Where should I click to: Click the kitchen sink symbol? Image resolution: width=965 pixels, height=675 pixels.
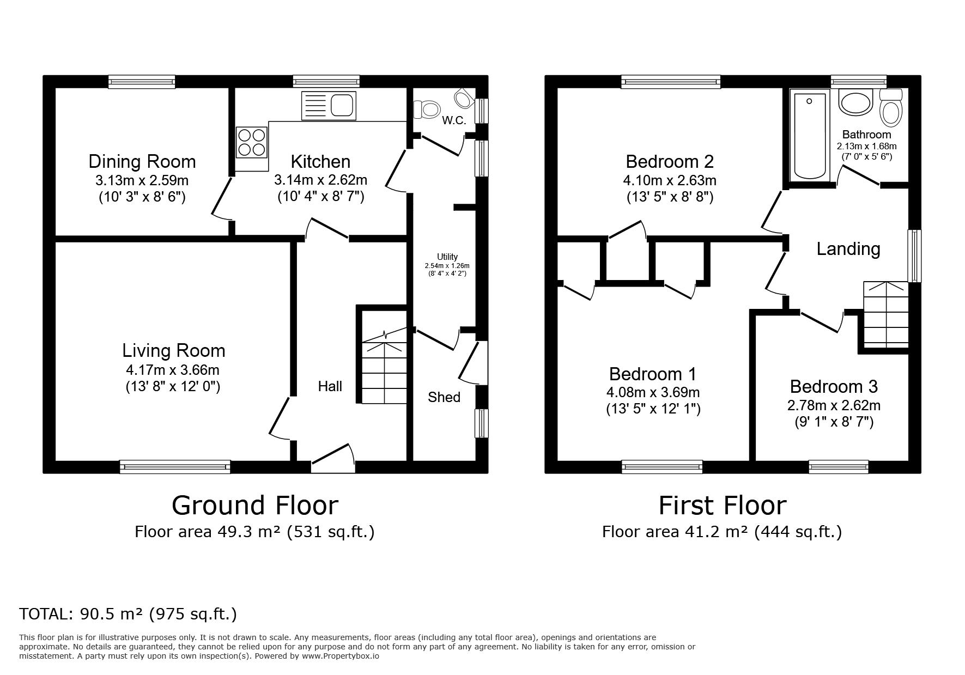[x=329, y=106]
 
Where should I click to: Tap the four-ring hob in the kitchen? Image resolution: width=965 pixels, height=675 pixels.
[x=252, y=142]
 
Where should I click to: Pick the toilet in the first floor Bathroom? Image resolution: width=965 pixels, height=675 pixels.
[x=891, y=108]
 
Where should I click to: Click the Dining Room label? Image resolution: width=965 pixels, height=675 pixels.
[x=142, y=161]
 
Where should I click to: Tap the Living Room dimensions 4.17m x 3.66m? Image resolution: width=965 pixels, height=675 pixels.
[x=173, y=370]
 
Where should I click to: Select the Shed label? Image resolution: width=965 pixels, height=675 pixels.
[x=444, y=397]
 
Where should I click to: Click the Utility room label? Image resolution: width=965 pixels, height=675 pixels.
[x=447, y=257]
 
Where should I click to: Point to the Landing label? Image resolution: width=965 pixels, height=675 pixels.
[x=848, y=249]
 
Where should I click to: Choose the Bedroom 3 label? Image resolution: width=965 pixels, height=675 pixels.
[x=834, y=386]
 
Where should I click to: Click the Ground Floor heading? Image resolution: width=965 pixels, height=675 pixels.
[x=255, y=505]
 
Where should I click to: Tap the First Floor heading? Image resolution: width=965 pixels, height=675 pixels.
[x=723, y=505]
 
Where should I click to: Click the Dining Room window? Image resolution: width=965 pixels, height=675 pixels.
[x=142, y=82]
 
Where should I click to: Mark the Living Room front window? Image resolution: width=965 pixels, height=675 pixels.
[x=175, y=466]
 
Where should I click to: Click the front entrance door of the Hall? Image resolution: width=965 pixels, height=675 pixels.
[x=333, y=459]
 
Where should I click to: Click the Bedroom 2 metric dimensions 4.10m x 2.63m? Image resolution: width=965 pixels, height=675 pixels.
[x=670, y=180]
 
